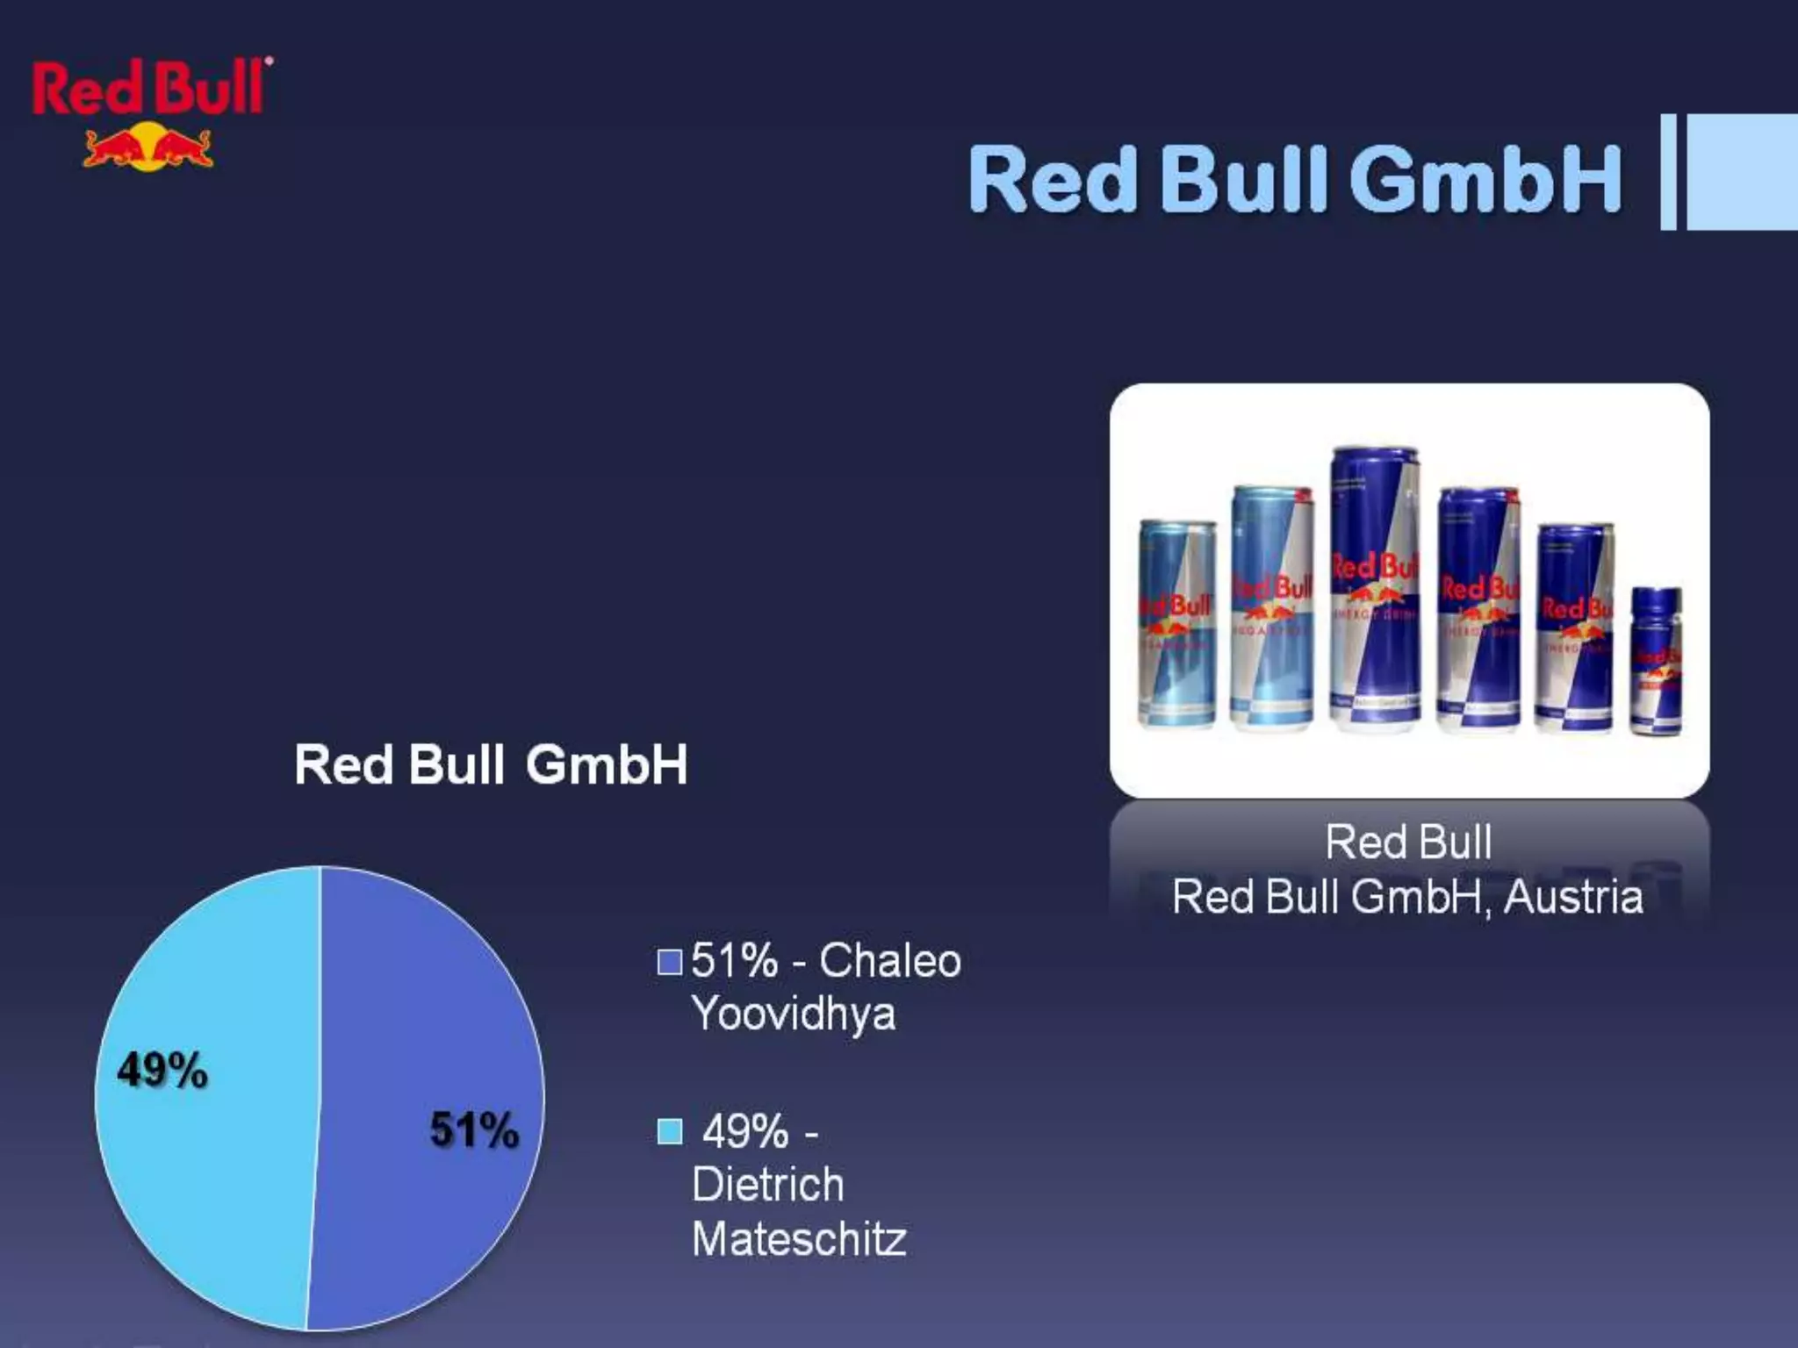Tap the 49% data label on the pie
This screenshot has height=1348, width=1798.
162,1071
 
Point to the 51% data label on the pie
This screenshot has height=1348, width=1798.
474,1129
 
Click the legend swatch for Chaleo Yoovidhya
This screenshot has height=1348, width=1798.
670,962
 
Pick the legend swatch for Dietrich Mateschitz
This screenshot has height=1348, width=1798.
670,1132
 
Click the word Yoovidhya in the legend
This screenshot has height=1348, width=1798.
794,1015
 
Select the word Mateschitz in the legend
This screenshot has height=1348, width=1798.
799,1239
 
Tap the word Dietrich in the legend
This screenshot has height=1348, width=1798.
768,1185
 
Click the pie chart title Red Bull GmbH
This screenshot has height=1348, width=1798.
491,764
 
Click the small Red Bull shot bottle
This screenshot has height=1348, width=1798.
1656,660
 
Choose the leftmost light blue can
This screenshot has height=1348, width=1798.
1177,623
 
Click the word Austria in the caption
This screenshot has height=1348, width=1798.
1572,898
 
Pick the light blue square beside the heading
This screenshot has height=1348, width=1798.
1743,172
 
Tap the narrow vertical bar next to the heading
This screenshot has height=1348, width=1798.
1668,172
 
